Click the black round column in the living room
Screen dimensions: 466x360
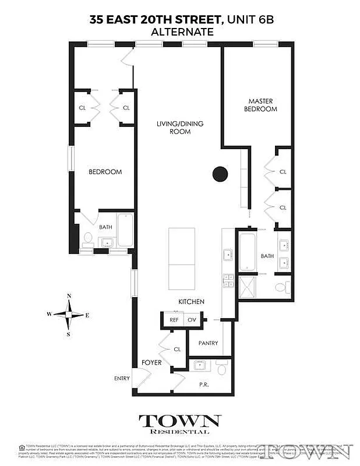[x=220, y=173]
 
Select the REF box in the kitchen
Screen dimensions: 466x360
[x=174, y=320]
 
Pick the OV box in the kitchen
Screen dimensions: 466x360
[x=192, y=320]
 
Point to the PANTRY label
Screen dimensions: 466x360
[x=208, y=343]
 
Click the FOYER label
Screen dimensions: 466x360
[x=151, y=363]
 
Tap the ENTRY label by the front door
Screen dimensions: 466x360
[x=122, y=379]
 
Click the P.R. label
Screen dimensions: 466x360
[x=203, y=385]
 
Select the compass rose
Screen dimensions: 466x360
[x=69, y=315]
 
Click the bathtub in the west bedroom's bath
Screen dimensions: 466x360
[x=125, y=230]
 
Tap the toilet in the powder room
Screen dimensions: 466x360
[x=221, y=369]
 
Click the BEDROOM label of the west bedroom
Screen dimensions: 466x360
[x=105, y=172]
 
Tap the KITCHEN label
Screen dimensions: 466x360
[x=191, y=302]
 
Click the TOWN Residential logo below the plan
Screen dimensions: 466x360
[x=179, y=423]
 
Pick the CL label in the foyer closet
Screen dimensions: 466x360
[x=177, y=349]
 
